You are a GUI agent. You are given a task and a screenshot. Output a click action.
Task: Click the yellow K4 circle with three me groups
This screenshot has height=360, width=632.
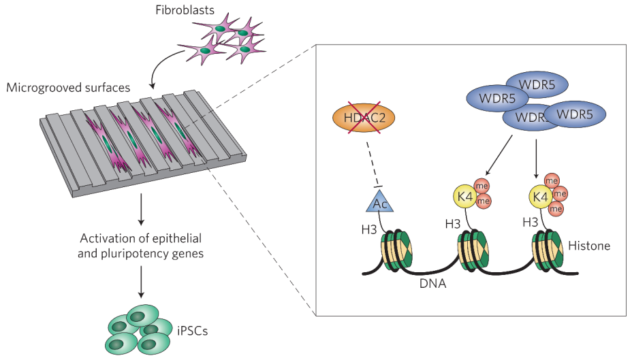pos(541,198)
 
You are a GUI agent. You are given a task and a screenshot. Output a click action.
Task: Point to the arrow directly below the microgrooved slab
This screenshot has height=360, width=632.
pos(141,211)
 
